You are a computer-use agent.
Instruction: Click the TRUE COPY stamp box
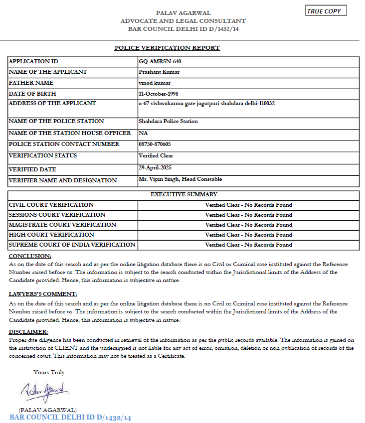click(326, 11)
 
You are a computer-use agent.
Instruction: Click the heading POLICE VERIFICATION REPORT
click(167, 48)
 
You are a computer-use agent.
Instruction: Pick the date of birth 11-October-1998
click(159, 94)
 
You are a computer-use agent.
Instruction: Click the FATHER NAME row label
click(31, 83)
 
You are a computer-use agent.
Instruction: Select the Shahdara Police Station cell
click(168, 121)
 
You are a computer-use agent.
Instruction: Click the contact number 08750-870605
click(155, 144)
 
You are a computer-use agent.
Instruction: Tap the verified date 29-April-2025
click(155, 167)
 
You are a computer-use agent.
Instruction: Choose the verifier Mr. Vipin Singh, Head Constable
click(180, 179)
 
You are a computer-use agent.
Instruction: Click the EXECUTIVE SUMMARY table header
click(183, 194)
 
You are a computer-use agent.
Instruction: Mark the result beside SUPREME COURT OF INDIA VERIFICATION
click(248, 245)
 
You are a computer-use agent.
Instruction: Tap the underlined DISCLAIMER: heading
click(28, 331)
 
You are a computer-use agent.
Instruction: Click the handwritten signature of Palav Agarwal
click(44, 391)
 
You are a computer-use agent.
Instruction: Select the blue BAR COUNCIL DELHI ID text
click(70, 418)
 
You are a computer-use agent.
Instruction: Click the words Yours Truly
click(49, 372)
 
